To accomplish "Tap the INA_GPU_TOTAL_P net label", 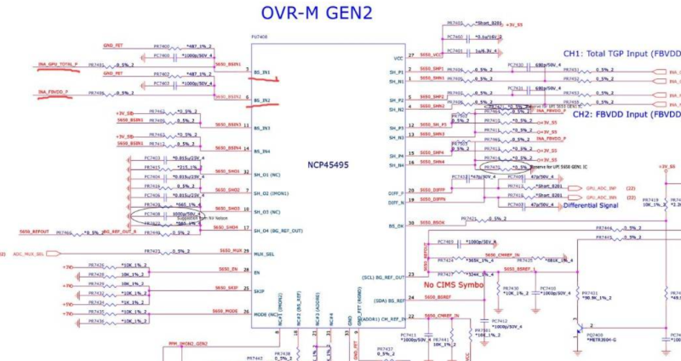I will [59, 65].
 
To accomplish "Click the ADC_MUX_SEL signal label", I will [28, 254].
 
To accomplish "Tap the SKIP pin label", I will [258, 291].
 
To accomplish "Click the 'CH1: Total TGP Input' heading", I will [621, 53].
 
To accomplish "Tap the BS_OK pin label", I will [396, 226].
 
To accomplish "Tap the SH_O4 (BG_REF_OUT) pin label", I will [279, 231].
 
